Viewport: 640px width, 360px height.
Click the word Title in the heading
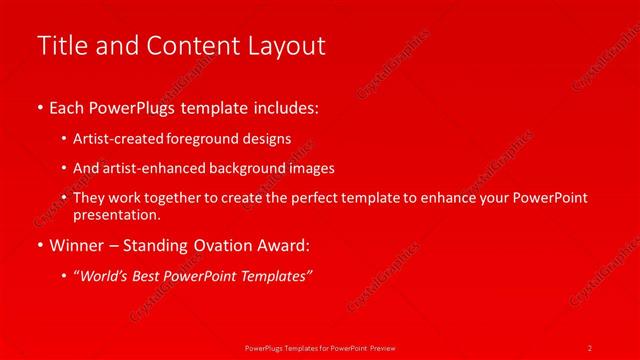(59, 46)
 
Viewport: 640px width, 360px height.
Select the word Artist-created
(115, 139)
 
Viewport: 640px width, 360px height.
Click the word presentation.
(116, 214)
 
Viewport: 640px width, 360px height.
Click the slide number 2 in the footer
(590, 347)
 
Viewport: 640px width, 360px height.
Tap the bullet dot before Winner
(40, 244)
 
